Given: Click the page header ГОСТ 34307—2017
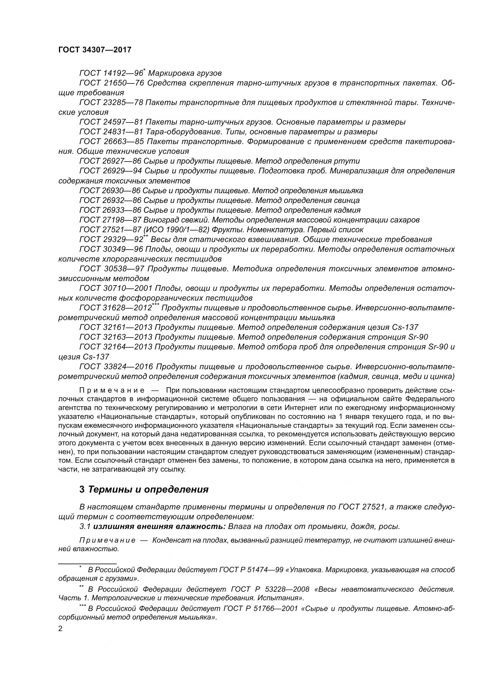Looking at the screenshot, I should click(95, 50).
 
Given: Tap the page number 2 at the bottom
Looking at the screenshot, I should click(60, 629).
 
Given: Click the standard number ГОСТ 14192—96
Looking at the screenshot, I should click(111, 73).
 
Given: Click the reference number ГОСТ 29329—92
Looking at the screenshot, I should click(111, 240).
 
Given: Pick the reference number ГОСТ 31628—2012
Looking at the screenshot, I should click(116, 308).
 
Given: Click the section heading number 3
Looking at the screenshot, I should click(82, 489).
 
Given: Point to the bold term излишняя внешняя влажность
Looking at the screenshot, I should click(160, 527).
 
